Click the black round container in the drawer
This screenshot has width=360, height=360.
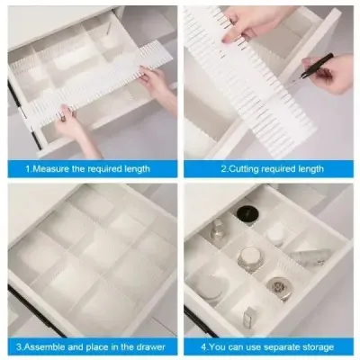(x=247, y=214)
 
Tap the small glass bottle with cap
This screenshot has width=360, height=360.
(x=217, y=231)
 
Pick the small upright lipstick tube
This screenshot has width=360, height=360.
(x=249, y=316)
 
